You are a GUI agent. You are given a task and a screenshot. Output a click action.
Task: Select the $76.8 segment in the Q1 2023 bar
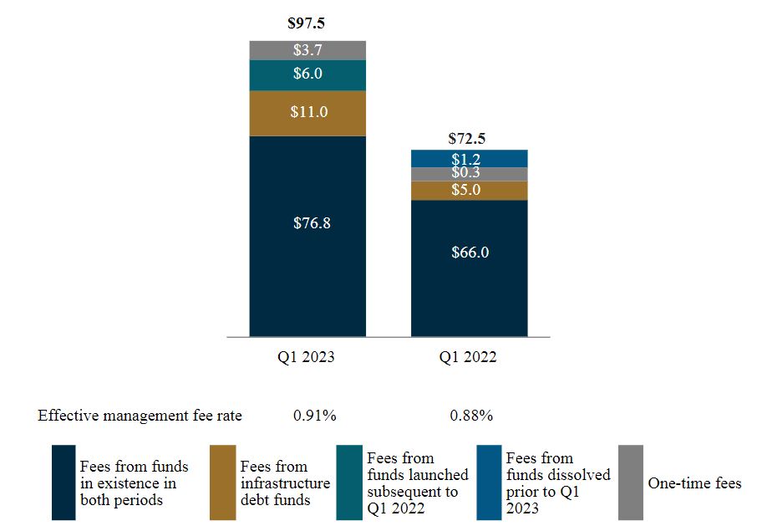coord(307,223)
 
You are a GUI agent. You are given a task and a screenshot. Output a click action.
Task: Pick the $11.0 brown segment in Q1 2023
coord(307,112)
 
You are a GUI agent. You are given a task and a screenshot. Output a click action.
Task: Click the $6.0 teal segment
coord(307,74)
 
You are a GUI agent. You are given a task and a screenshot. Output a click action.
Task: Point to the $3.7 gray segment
coord(307,50)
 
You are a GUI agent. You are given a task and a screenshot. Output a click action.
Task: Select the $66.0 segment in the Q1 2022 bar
coord(469,252)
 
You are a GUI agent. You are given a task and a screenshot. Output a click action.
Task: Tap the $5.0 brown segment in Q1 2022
coord(469,190)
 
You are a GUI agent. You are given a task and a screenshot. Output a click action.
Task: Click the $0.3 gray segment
coord(469,173)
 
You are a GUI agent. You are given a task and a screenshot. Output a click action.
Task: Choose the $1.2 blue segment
coord(469,158)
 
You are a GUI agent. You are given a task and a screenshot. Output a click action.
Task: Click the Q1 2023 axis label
coord(307,357)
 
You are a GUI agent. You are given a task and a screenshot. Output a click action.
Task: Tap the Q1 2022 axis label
coord(469,357)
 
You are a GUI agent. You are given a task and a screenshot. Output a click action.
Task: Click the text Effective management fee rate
coord(140,416)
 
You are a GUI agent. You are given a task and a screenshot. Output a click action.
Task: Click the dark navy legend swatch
coord(64,483)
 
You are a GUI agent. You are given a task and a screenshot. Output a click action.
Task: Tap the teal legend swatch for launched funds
coord(348,483)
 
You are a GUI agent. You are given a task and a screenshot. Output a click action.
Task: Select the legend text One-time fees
coord(694,483)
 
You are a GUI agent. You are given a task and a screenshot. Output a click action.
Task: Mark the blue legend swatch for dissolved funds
coord(489,483)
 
